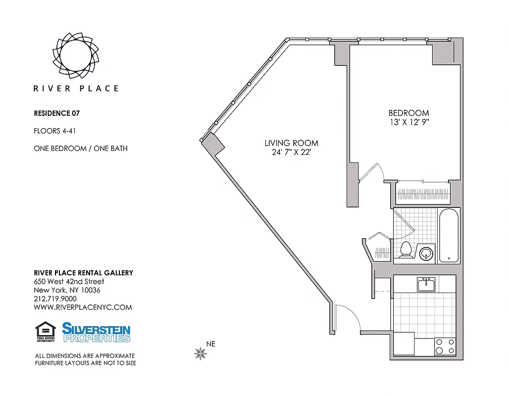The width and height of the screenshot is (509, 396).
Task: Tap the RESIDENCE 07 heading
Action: pyautogui.click(x=56, y=113)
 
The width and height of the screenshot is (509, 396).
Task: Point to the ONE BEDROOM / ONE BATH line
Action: pyautogui.click(x=80, y=148)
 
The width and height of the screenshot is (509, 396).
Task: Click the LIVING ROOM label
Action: pyautogui.click(x=291, y=143)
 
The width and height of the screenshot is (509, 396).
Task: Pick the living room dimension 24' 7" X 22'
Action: pyautogui.click(x=291, y=152)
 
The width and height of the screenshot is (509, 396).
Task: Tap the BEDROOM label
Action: pyautogui.click(x=408, y=113)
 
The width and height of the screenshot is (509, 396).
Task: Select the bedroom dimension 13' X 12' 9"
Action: pyautogui.click(x=408, y=122)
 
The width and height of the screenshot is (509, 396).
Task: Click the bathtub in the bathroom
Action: pyautogui.click(x=449, y=235)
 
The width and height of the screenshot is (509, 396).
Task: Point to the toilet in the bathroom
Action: pyautogui.click(x=406, y=249)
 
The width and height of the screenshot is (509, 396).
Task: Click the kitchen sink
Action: pyautogui.click(x=426, y=285)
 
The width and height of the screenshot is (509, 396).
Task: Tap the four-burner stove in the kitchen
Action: pyautogui.click(x=445, y=346)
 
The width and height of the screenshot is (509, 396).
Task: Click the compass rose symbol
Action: pyautogui.click(x=201, y=353)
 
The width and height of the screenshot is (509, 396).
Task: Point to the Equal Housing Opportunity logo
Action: pyautogui.click(x=45, y=332)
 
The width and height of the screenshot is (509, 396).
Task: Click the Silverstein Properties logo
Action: pyautogui.click(x=96, y=332)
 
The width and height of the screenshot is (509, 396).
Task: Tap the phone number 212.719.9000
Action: pyautogui.click(x=55, y=298)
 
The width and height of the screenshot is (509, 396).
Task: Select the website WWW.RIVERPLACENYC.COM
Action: pyautogui.click(x=83, y=307)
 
